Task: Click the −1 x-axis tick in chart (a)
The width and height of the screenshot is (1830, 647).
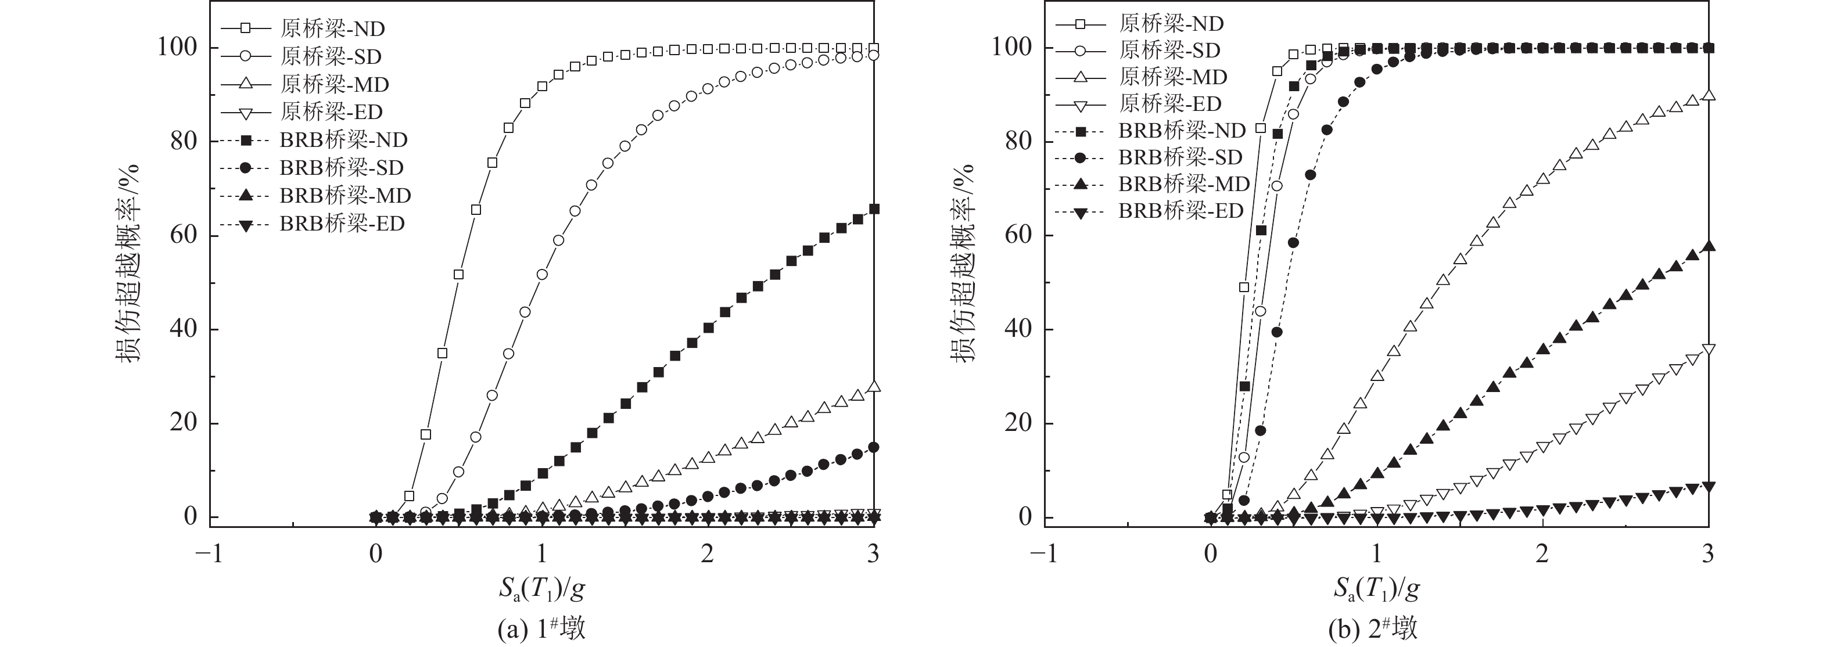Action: click(x=210, y=554)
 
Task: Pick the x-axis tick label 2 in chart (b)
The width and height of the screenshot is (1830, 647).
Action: click(x=1542, y=554)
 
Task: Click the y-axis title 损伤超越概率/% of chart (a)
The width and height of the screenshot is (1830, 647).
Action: click(x=128, y=263)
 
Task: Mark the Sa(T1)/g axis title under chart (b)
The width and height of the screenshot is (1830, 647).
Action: click(x=1376, y=589)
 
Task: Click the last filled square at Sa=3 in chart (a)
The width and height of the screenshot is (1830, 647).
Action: click(x=874, y=209)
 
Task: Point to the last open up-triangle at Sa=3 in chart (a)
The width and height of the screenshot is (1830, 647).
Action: click(x=874, y=386)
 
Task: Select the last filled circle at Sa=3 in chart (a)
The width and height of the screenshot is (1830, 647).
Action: click(x=874, y=447)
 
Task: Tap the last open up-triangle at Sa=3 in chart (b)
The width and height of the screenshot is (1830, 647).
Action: click(x=1709, y=96)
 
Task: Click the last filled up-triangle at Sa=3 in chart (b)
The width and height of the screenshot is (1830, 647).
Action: click(x=1709, y=246)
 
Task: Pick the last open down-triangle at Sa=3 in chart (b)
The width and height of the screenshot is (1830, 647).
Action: click(x=1709, y=350)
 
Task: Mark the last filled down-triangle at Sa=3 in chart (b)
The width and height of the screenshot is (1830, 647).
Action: click(x=1709, y=487)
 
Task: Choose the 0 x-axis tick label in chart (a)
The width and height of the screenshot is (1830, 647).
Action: click(x=376, y=554)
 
